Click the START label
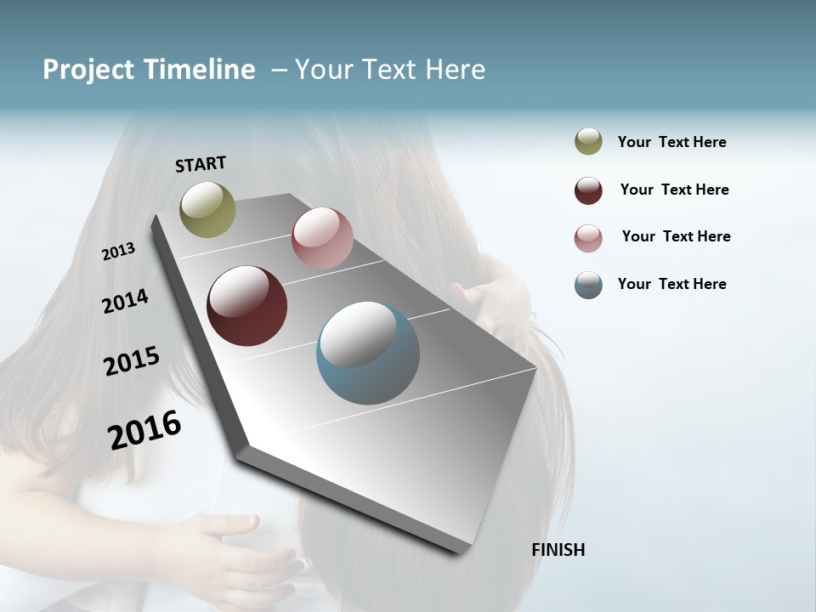pos(201,163)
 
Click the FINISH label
pos(558,550)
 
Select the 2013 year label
pos(118,252)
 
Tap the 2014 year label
pos(125,301)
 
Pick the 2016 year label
pos(144,430)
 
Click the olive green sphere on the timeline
pos(207,209)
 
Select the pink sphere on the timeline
pos(322,238)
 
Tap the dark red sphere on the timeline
pos(246,306)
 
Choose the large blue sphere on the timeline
pos(367,353)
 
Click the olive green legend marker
pos(588,142)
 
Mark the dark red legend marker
pos(588,190)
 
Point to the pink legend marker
pos(588,238)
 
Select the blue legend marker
pos(588,285)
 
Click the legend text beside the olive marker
pos(671,142)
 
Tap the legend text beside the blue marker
pos(671,284)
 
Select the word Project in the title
pos(88,70)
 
